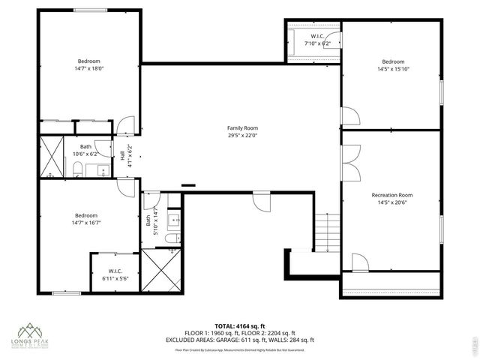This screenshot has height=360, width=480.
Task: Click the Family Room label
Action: tap(242, 127)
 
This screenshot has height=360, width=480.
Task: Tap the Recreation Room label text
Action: tap(392, 195)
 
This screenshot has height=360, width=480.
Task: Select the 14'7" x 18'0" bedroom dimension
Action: tap(88, 69)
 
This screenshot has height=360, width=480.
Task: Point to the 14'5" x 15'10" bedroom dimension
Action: tap(392, 69)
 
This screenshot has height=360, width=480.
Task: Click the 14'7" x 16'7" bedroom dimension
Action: tap(87, 222)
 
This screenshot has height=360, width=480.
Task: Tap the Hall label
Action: tap(122, 154)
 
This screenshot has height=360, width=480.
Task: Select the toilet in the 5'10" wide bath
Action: tap(171, 238)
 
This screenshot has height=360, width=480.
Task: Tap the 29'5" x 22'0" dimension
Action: tap(242, 136)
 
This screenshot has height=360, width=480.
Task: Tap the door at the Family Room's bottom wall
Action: tap(261, 199)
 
